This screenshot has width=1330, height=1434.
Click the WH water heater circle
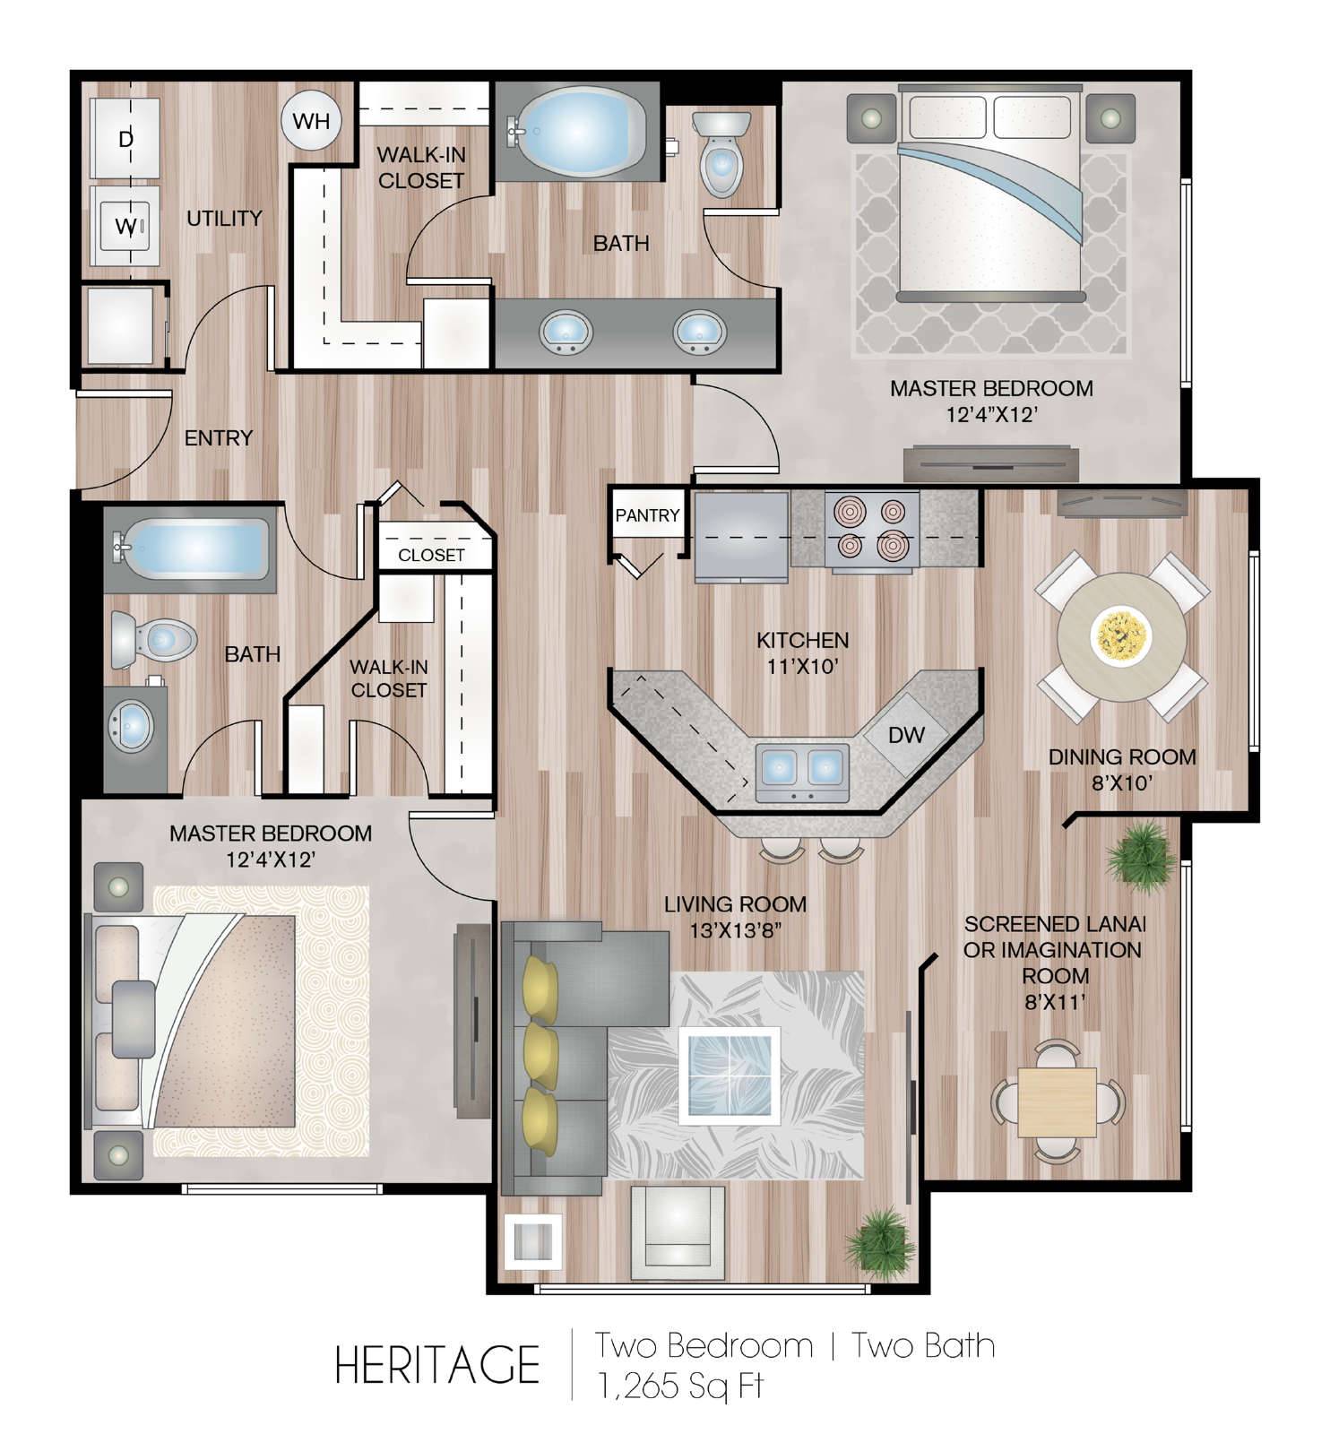coord(311,120)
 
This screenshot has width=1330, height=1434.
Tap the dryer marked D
coord(125,139)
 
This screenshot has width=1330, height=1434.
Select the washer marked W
coord(125,226)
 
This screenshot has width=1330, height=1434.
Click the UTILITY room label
coord(224,218)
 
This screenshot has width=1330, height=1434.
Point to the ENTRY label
coord(219,437)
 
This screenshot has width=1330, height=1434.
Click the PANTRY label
coord(647,515)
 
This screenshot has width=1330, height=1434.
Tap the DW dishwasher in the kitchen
coord(906,734)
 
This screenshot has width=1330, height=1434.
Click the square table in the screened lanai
coord(1057,1101)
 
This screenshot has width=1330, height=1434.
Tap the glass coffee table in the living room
coord(729,1075)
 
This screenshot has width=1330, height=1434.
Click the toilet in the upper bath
coord(720,151)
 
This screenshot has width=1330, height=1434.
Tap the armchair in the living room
coord(678,1226)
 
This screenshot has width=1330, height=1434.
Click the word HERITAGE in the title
coord(437,1363)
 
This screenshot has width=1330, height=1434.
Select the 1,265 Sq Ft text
coord(680,1386)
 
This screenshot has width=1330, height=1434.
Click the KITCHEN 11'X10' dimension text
coord(802,653)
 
